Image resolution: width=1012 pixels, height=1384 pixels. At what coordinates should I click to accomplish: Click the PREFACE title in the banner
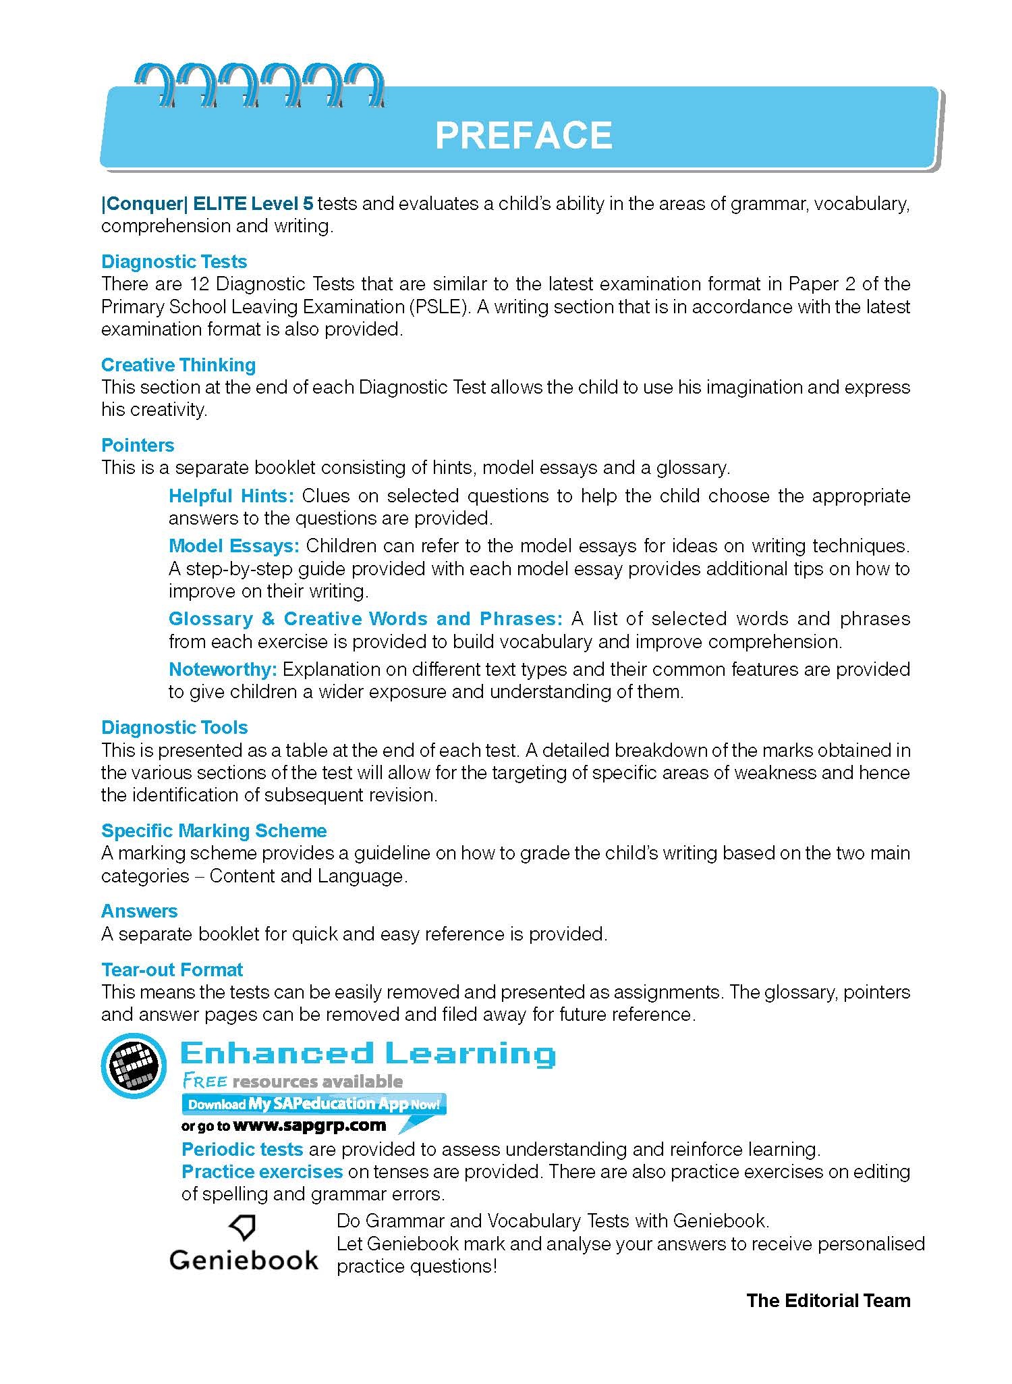[x=524, y=135]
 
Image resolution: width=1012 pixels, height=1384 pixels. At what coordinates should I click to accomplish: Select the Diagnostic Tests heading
[x=174, y=261]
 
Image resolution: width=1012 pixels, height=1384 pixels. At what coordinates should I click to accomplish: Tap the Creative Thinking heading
[x=178, y=365]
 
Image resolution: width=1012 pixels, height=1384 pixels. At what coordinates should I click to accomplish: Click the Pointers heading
[x=138, y=445]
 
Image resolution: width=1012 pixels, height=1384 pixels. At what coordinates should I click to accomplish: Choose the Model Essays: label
[x=233, y=545]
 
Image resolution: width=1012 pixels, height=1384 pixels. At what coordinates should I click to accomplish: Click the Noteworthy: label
[x=223, y=669]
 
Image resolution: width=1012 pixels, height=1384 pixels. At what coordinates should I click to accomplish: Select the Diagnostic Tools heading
[x=174, y=727]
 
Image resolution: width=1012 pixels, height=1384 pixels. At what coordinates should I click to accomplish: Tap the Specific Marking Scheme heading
[x=214, y=830]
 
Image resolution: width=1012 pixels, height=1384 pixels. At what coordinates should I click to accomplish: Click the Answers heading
[x=139, y=911]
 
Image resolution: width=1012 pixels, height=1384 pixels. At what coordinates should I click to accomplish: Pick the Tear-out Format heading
[x=171, y=969]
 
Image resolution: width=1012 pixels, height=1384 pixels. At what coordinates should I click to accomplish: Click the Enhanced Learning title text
[x=368, y=1054]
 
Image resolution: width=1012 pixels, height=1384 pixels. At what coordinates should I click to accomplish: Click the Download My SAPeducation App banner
[x=314, y=1104]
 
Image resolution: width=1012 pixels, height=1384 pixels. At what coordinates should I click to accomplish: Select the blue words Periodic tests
[x=242, y=1149]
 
